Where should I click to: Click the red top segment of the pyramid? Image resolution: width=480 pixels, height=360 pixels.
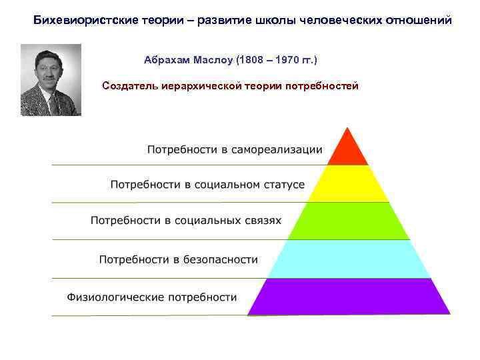click(346, 151)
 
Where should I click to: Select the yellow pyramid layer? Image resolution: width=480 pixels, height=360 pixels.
click(346, 184)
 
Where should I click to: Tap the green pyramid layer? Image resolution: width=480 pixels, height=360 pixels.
click(347, 221)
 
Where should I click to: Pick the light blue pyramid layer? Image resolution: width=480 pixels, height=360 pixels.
click(347, 259)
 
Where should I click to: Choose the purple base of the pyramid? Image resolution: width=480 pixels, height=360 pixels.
click(348, 297)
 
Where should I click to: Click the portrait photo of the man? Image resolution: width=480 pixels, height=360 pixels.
click(51, 80)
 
